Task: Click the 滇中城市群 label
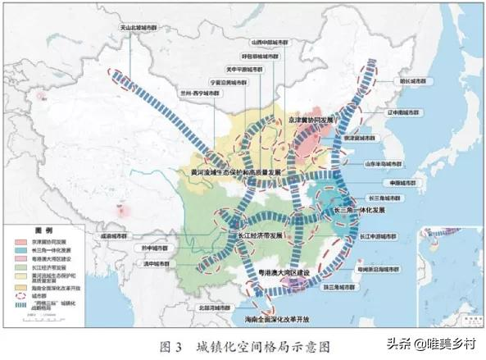(154, 263)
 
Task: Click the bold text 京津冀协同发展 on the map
(315, 119)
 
